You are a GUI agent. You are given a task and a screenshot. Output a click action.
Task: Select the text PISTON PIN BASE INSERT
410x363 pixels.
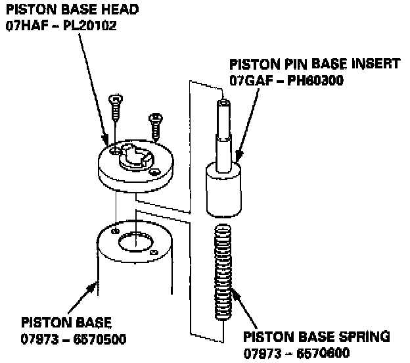(x=314, y=64)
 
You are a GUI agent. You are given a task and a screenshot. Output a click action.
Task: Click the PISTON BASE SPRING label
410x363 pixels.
(x=317, y=337)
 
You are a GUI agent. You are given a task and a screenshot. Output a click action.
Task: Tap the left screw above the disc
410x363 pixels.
(x=114, y=107)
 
